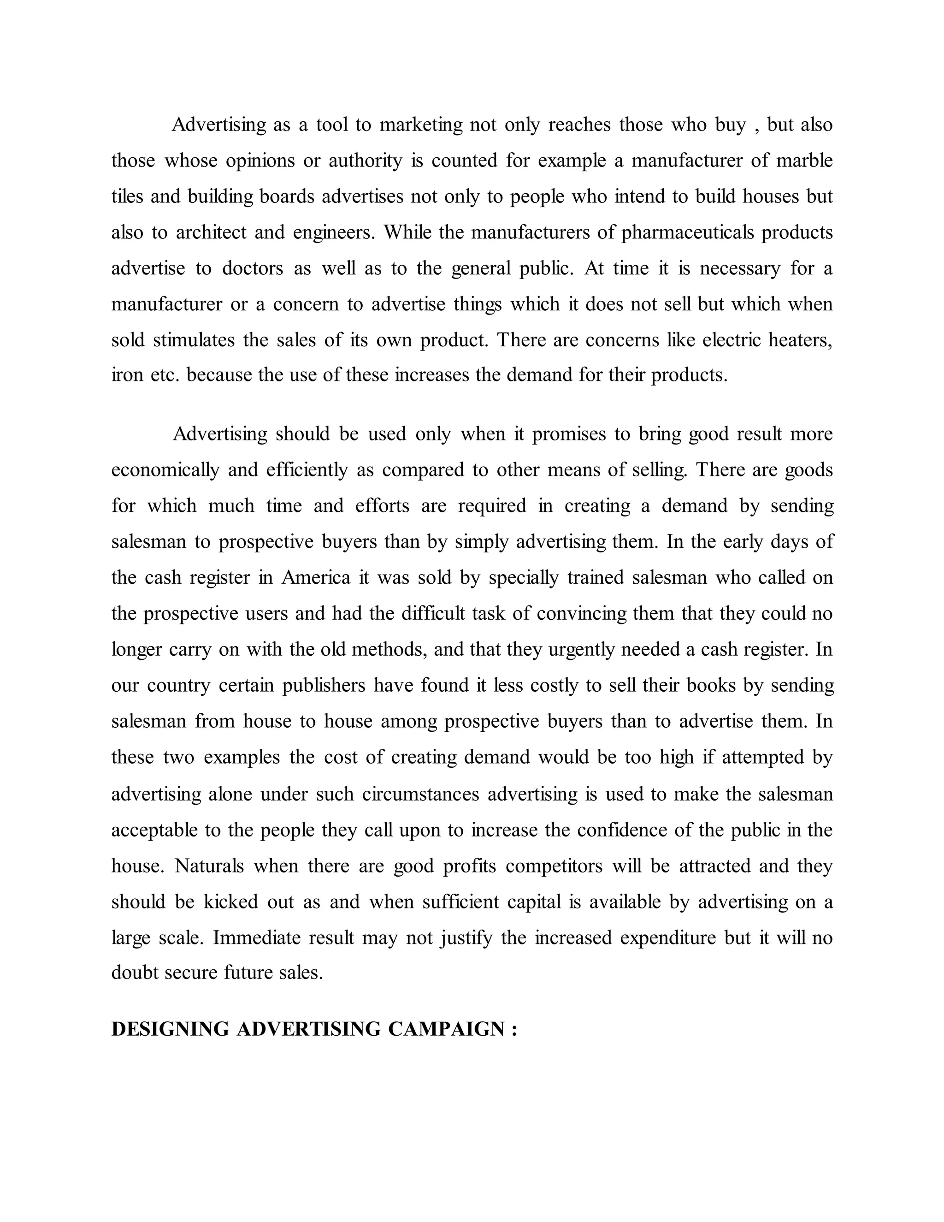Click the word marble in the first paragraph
coord(804,160)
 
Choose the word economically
coord(165,470)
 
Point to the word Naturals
coord(210,866)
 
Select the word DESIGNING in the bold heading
coord(171,1029)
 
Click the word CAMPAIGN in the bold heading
coord(446,1029)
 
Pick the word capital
coord(533,902)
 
